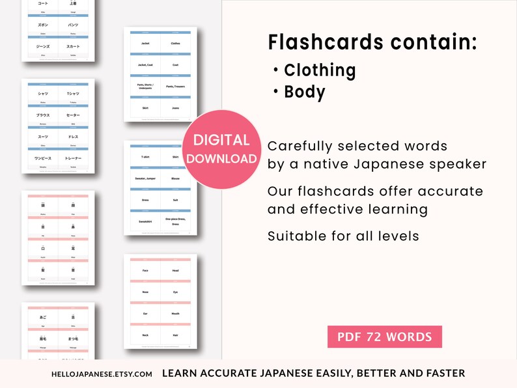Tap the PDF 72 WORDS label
point(384,337)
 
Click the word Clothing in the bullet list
point(320,70)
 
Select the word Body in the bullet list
point(304,92)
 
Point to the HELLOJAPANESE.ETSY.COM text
point(102,374)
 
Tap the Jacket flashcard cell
point(145,44)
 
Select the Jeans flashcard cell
point(175,108)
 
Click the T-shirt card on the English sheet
point(145,157)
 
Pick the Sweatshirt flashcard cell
point(145,221)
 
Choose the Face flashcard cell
point(145,270)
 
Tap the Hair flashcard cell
point(175,335)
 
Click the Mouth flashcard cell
point(175,312)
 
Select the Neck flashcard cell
point(145,335)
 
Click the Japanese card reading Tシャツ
point(72,94)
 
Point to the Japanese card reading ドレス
point(72,137)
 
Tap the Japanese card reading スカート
point(72,46)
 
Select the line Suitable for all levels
point(343,235)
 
